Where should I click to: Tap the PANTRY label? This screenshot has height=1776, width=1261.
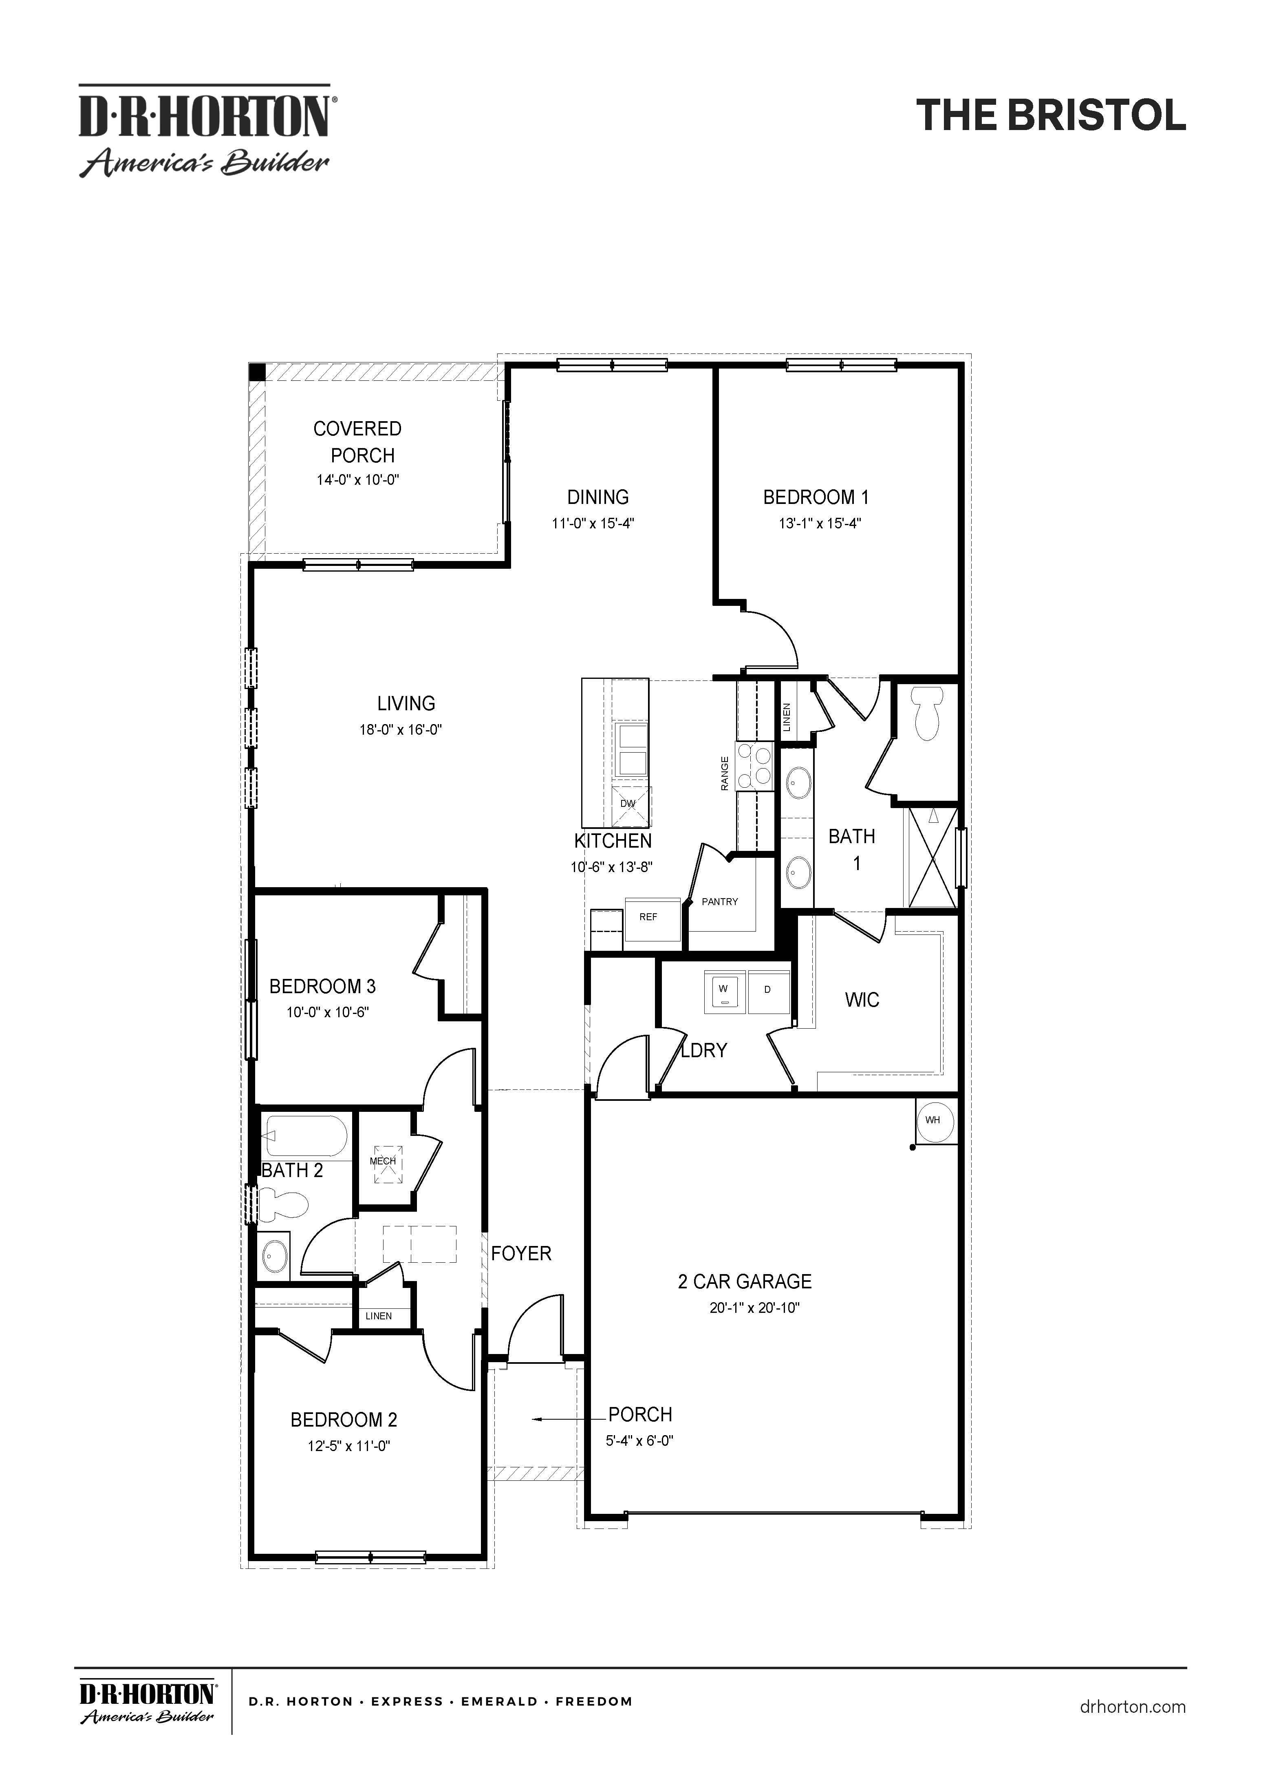pyautogui.click(x=720, y=901)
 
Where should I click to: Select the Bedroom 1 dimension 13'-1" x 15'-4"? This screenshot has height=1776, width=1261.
pyautogui.click(x=820, y=524)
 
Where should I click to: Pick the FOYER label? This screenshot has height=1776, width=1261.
pyautogui.click(x=521, y=1253)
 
